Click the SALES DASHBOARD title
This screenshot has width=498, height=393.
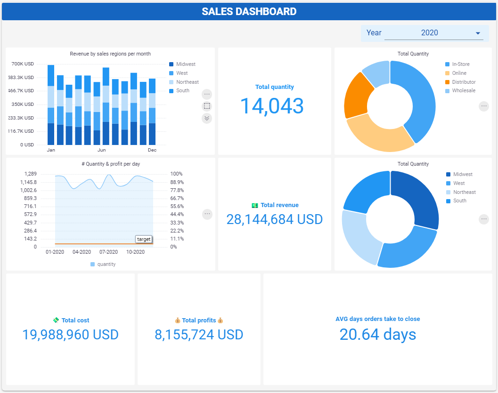[249, 12]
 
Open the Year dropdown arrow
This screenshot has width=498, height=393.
[478, 33]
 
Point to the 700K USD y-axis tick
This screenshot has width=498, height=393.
[23, 64]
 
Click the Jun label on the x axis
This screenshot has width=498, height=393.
[101, 150]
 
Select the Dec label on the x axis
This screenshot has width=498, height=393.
[152, 150]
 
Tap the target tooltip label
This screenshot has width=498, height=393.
[144, 239]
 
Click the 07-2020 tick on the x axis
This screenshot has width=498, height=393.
[109, 252]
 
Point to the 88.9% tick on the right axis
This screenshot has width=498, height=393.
[177, 182]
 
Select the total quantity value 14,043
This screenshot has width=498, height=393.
[272, 106]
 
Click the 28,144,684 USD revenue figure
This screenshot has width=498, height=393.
[274, 219]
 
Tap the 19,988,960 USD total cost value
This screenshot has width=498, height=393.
[71, 335]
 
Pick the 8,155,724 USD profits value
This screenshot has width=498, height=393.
[199, 335]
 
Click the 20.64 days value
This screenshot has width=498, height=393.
[377, 334]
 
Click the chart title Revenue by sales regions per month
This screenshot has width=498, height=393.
[110, 54]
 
